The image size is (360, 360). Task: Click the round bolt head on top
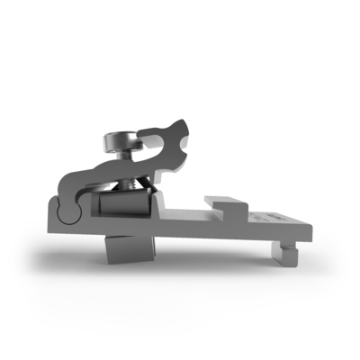point(122,141)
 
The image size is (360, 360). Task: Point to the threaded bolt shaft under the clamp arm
point(129,184)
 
